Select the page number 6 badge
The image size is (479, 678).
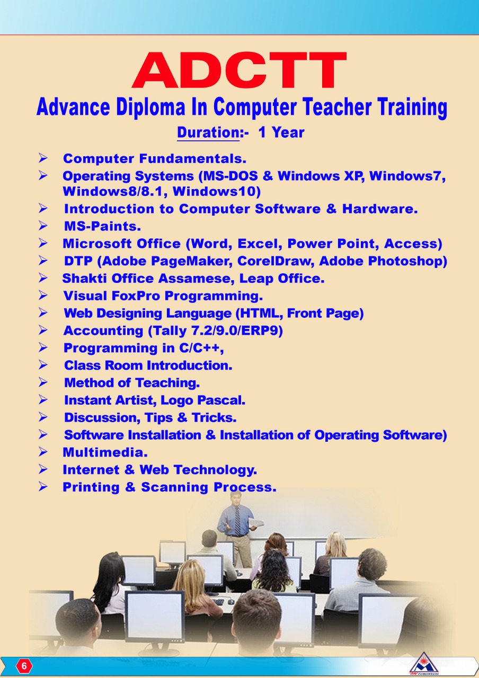pos(24,666)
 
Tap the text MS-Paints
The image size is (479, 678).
pos(102,226)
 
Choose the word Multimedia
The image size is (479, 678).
pos(105,452)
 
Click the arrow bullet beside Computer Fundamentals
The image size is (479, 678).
pos(43,158)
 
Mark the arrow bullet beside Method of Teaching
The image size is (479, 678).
pos(43,382)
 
